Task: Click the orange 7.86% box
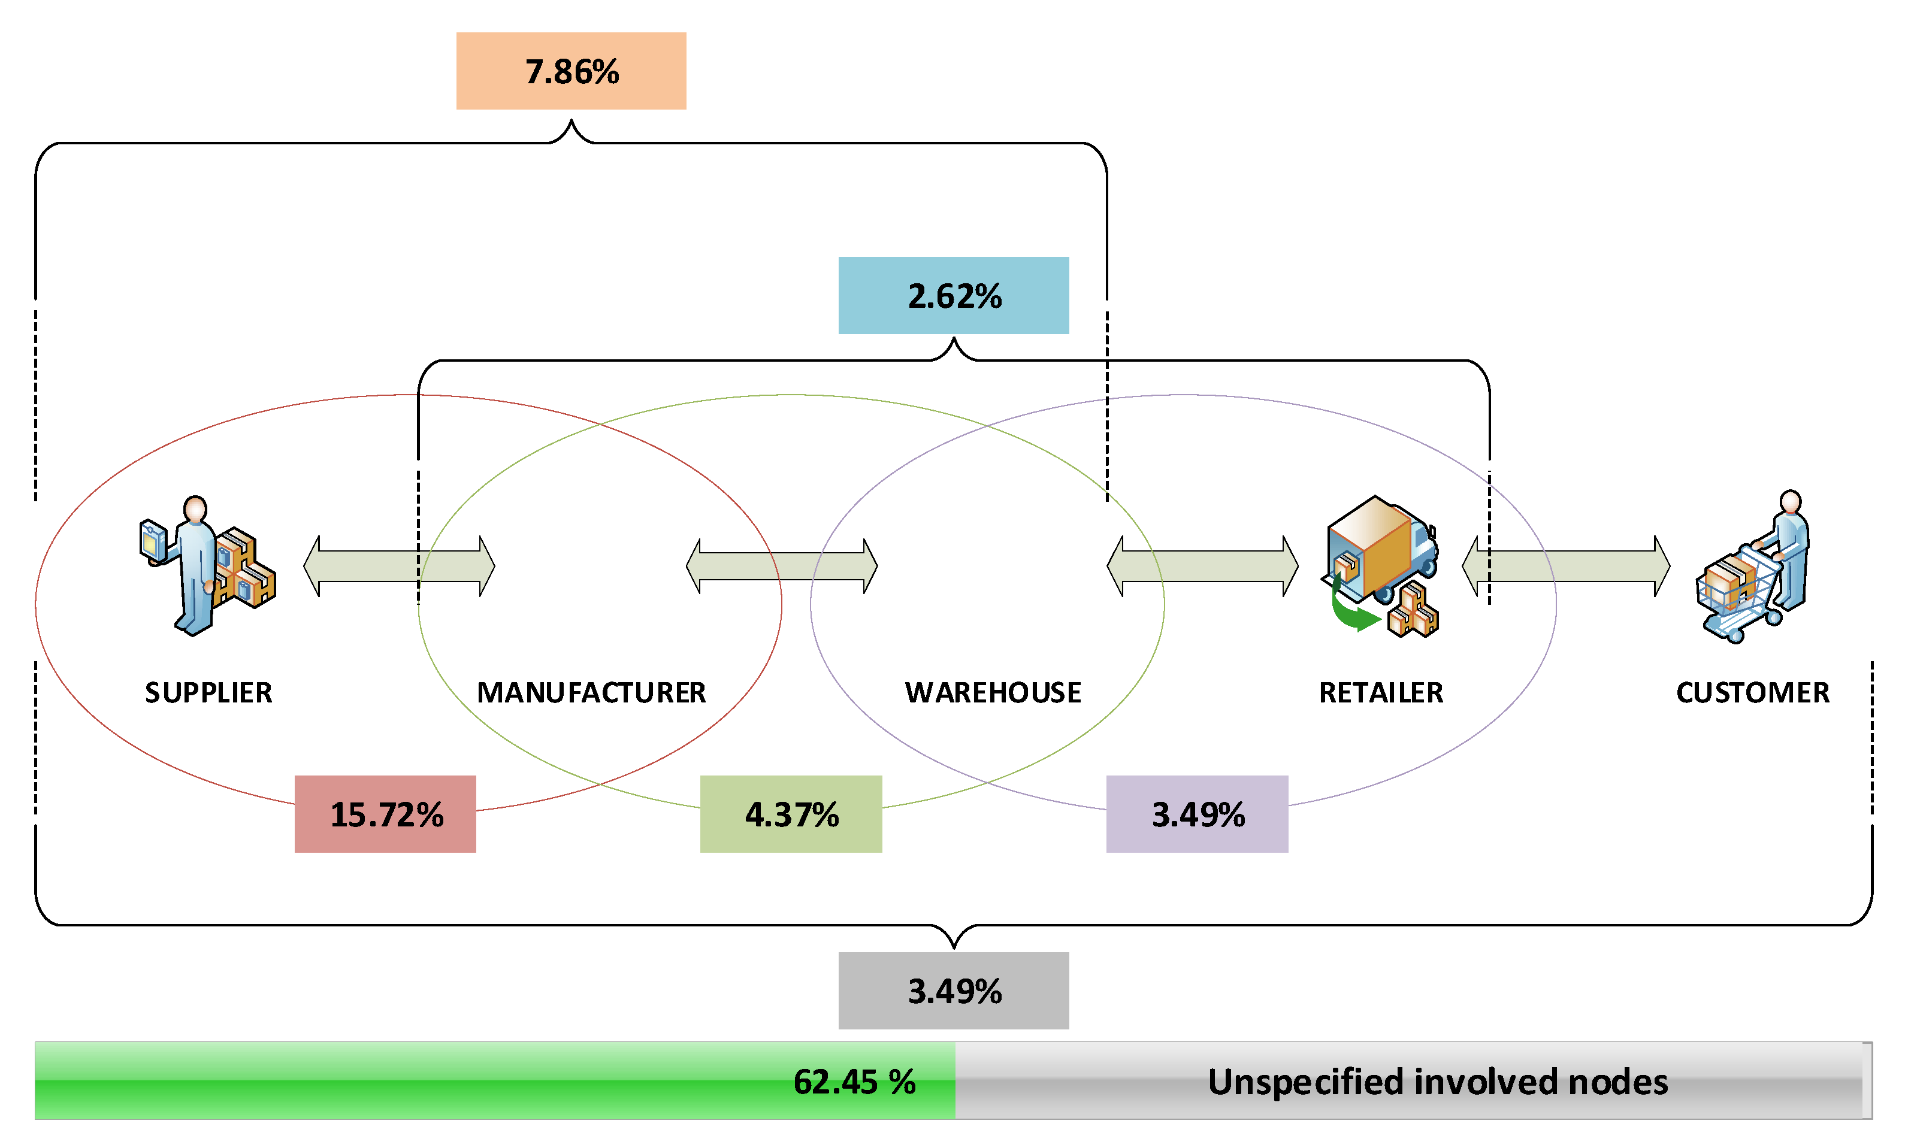tap(571, 71)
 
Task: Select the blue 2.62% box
tap(953, 295)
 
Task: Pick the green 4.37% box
tap(791, 813)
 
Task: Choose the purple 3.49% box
tap(1197, 813)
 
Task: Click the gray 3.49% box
tap(953, 990)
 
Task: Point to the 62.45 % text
tap(854, 1081)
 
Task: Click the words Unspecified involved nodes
tap(1437, 1081)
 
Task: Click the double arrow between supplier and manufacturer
tap(399, 567)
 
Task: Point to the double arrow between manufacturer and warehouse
tap(781, 567)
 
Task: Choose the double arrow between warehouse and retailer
tap(1202, 567)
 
